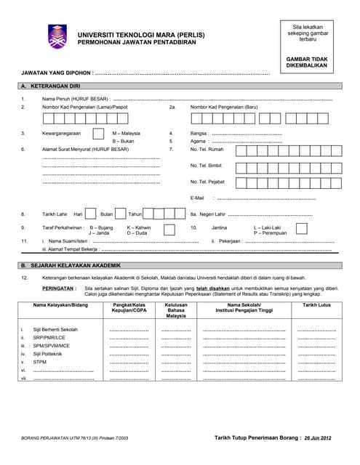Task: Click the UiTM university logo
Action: (58, 36)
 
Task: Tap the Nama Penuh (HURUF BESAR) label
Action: (76, 98)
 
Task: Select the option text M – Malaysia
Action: (127, 134)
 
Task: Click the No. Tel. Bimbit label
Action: (206, 165)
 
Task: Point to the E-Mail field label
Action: (197, 198)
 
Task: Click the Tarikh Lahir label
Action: (54, 214)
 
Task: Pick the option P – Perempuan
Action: (270, 233)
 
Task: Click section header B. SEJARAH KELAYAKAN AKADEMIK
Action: (70, 265)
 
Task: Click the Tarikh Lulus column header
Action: (316, 305)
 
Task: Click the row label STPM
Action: (41, 362)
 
